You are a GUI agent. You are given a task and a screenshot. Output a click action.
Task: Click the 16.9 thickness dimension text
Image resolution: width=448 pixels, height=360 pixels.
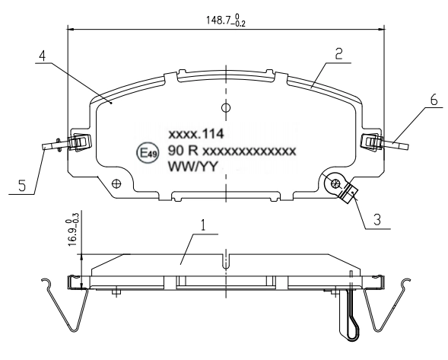[x=72, y=229]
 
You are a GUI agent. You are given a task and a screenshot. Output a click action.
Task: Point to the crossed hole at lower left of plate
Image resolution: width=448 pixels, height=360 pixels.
[x=116, y=183]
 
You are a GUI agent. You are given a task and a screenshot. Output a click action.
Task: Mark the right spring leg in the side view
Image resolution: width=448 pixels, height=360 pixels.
[x=386, y=308]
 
